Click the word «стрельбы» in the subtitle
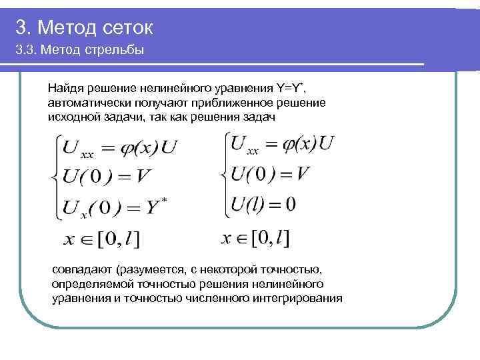115,51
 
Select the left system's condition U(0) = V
111,177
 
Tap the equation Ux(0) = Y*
114,207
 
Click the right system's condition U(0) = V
271,174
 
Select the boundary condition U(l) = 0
263,204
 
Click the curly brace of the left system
50,177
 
